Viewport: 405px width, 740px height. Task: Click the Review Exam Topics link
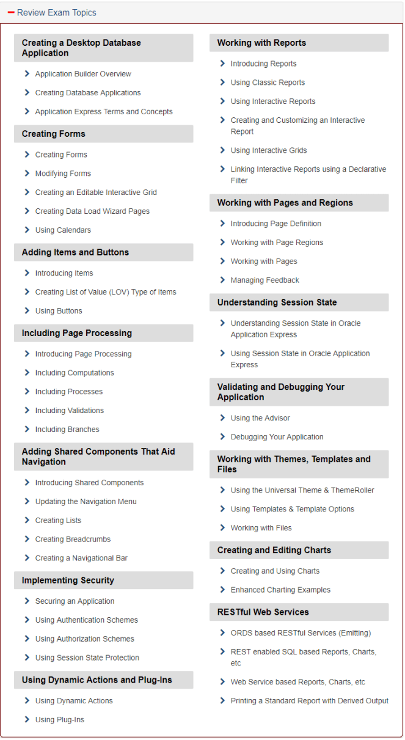pyautogui.click(x=56, y=13)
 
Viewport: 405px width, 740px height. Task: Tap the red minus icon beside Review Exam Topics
pyautogui.click(x=11, y=13)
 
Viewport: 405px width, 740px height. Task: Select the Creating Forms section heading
pyautogui.click(x=54, y=134)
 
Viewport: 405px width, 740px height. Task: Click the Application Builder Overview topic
pyautogui.click(x=83, y=74)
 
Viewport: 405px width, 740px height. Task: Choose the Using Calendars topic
pyautogui.click(x=63, y=230)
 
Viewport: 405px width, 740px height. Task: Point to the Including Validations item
pyautogui.click(x=69, y=411)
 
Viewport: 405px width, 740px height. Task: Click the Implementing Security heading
pyautogui.click(x=68, y=581)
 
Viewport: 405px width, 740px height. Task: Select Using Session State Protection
pyautogui.click(x=87, y=658)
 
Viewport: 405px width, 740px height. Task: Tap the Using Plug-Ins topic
pyautogui.click(x=59, y=720)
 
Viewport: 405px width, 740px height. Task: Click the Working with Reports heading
pyautogui.click(x=261, y=43)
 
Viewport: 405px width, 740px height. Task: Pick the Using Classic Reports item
pyautogui.click(x=268, y=82)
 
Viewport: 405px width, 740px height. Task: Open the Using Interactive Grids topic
pyautogui.click(x=269, y=150)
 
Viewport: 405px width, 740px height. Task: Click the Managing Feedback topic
pyautogui.click(x=265, y=280)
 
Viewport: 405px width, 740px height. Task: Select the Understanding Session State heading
pyautogui.click(x=277, y=302)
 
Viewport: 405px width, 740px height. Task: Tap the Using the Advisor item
pyautogui.click(x=260, y=419)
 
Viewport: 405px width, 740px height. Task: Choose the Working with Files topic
pyautogui.click(x=261, y=528)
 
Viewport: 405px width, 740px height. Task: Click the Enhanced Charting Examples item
pyautogui.click(x=280, y=590)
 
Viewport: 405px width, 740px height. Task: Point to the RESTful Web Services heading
pyautogui.click(x=263, y=612)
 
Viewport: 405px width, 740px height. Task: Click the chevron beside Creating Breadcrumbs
pyautogui.click(x=27, y=539)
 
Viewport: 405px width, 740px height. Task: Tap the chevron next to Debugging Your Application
pyautogui.click(x=222, y=437)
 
